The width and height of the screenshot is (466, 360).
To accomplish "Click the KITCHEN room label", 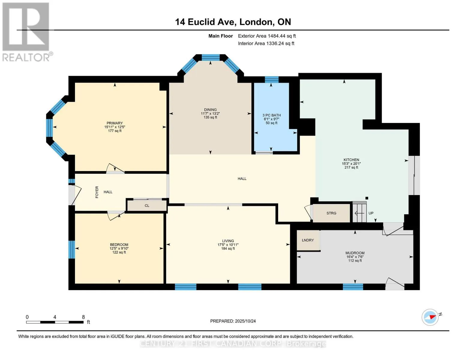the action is click(351, 160).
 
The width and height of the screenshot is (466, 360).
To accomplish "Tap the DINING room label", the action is click(210, 109).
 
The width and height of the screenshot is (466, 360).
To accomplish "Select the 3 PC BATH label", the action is click(272, 115).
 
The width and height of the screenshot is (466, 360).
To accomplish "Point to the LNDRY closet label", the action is click(308, 240).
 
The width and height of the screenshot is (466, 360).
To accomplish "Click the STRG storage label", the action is click(331, 213).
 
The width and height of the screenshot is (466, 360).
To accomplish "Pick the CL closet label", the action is click(147, 205).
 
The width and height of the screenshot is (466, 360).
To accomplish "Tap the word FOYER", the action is click(97, 192).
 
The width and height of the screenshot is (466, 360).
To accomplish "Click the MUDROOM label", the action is click(355, 253).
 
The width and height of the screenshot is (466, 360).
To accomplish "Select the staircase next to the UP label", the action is click(360, 212).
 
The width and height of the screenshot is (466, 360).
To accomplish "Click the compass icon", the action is click(430, 317).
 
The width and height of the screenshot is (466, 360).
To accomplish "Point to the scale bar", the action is click(55, 322).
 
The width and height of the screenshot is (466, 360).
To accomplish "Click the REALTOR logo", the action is click(26, 32).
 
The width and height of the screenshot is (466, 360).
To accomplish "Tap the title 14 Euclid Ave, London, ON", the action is click(233, 22).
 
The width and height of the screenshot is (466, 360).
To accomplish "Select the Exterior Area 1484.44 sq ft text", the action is click(267, 36).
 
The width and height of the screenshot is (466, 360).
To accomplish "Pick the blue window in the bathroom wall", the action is click(272, 79).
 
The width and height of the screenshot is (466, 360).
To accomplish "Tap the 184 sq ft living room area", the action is click(228, 248).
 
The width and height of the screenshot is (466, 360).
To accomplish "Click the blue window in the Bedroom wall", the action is click(72, 250).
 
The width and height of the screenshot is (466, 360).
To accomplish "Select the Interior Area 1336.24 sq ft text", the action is click(266, 43).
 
